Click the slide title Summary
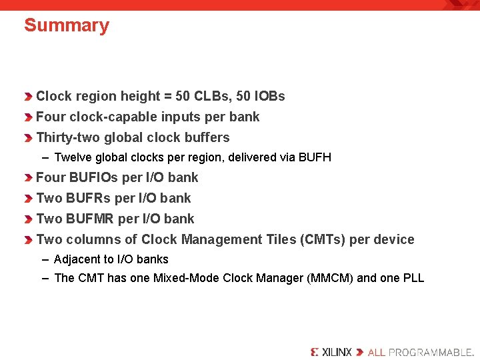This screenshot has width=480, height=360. pyautogui.click(x=67, y=26)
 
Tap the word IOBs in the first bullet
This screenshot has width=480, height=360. pyautogui.click(x=269, y=97)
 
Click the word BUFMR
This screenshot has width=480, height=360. pyautogui.click(x=90, y=219)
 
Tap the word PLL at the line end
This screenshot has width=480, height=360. pyautogui.click(x=413, y=279)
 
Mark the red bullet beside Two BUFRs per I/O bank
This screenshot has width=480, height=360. pyautogui.click(x=28, y=199)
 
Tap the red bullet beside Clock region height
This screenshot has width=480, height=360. pyautogui.click(x=28, y=97)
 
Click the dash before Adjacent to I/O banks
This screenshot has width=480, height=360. pyautogui.click(x=45, y=260)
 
